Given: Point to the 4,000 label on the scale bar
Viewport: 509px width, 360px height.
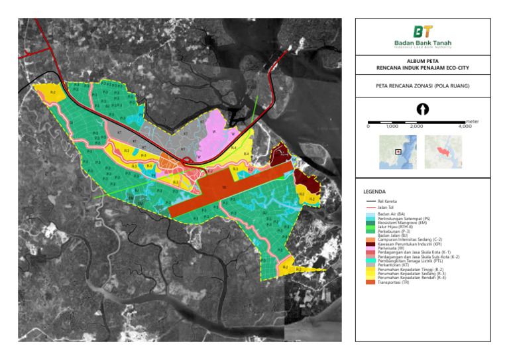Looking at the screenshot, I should (465, 126).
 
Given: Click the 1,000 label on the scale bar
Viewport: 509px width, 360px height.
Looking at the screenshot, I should (392, 126).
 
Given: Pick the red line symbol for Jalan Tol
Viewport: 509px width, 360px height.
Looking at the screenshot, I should (371, 207).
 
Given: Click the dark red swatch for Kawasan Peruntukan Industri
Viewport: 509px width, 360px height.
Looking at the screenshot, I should (371, 243).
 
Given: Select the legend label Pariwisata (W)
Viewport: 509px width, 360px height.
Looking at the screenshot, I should (392, 248).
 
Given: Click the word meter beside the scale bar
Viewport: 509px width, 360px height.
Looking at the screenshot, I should (472, 121).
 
